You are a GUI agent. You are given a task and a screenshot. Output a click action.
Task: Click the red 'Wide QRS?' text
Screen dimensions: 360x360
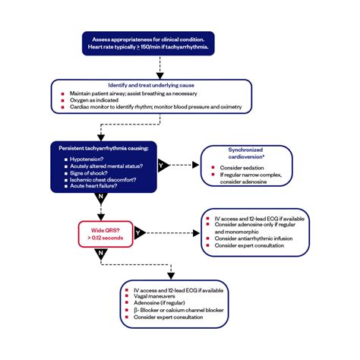pyautogui.click(x=107, y=229)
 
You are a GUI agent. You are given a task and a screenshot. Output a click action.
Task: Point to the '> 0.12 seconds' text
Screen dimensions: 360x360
pyautogui.click(x=107, y=238)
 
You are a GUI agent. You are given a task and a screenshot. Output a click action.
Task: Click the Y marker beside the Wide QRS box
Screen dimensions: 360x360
pyautogui.click(x=139, y=234)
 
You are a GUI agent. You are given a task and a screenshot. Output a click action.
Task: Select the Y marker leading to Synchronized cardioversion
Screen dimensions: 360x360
pyautogui.click(x=162, y=164)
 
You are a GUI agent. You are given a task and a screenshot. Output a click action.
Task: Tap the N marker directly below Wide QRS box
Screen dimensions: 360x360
pyautogui.click(x=101, y=254)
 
